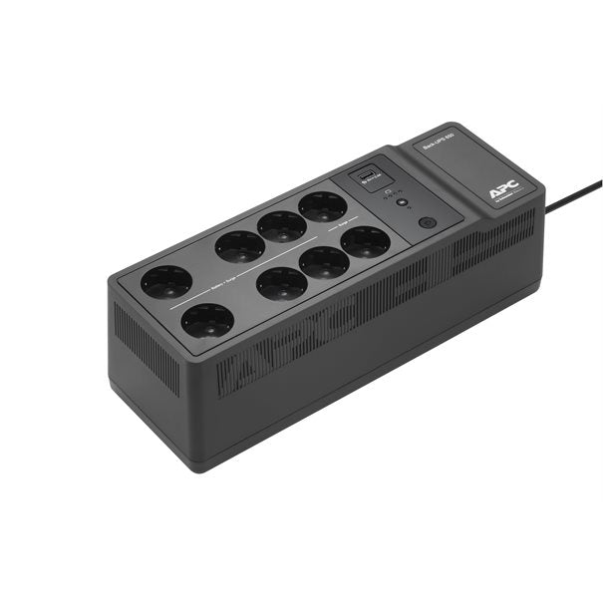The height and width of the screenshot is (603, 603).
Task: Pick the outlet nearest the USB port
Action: (324, 206)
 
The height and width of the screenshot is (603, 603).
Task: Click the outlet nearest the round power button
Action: (369, 241)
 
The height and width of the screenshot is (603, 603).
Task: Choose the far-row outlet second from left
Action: (239, 245)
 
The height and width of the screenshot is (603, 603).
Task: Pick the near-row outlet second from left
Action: (281, 284)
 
